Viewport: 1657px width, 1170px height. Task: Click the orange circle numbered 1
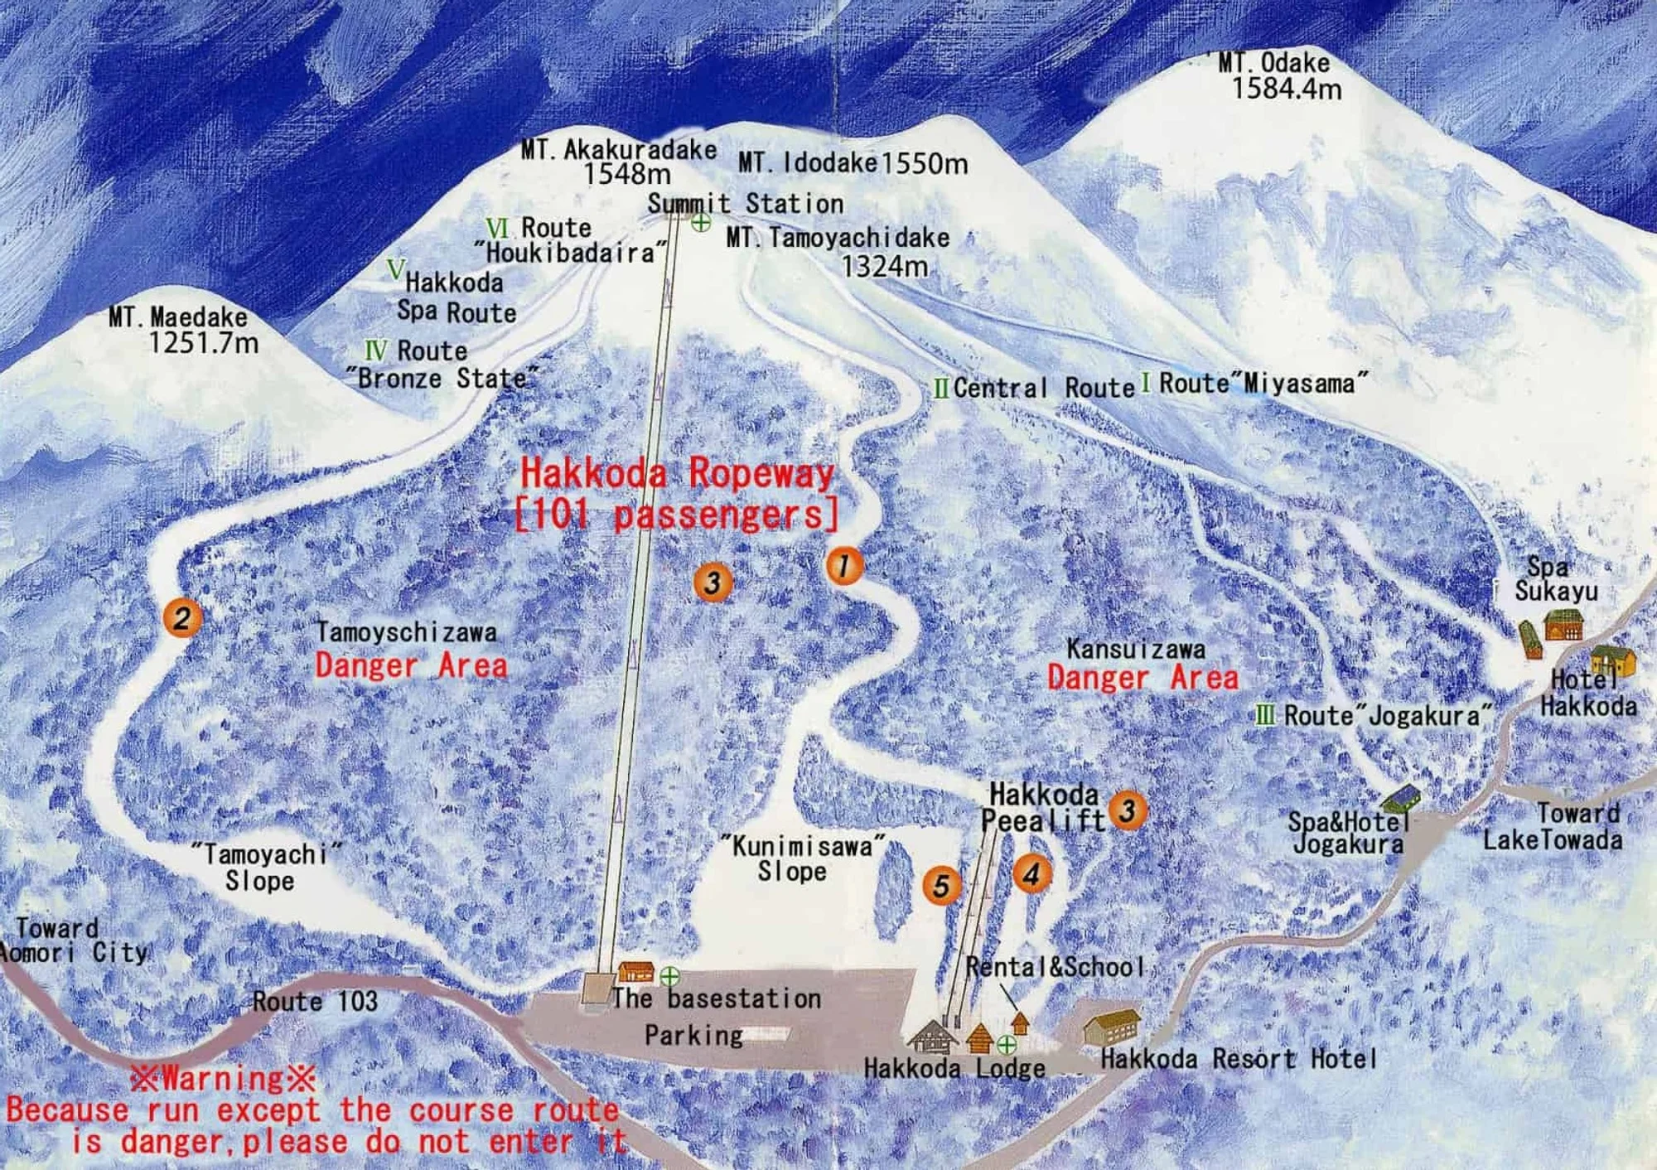point(843,566)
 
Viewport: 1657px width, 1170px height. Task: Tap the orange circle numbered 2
point(182,617)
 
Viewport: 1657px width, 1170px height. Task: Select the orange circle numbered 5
point(941,886)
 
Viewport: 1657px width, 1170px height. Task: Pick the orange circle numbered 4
point(1031,874)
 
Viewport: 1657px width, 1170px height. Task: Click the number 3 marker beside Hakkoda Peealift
point(1128,810)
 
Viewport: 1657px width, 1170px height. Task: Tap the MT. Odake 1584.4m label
point(1280,75)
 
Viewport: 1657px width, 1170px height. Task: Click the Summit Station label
point(745,203)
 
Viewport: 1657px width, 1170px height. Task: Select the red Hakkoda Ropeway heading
point(677,475)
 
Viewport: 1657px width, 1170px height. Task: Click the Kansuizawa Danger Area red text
point(1143,678)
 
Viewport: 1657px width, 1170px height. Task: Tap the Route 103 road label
point(315,1001)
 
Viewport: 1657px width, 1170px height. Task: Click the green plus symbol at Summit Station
point(700,222)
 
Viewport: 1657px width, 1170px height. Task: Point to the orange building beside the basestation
point(636,971)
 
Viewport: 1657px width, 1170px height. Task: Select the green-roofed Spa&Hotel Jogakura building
point(1400,799)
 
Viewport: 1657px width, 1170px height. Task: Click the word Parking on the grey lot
point(693,1035)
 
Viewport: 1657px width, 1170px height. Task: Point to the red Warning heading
point(222,1078)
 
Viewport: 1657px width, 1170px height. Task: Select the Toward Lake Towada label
point(1553,826)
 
